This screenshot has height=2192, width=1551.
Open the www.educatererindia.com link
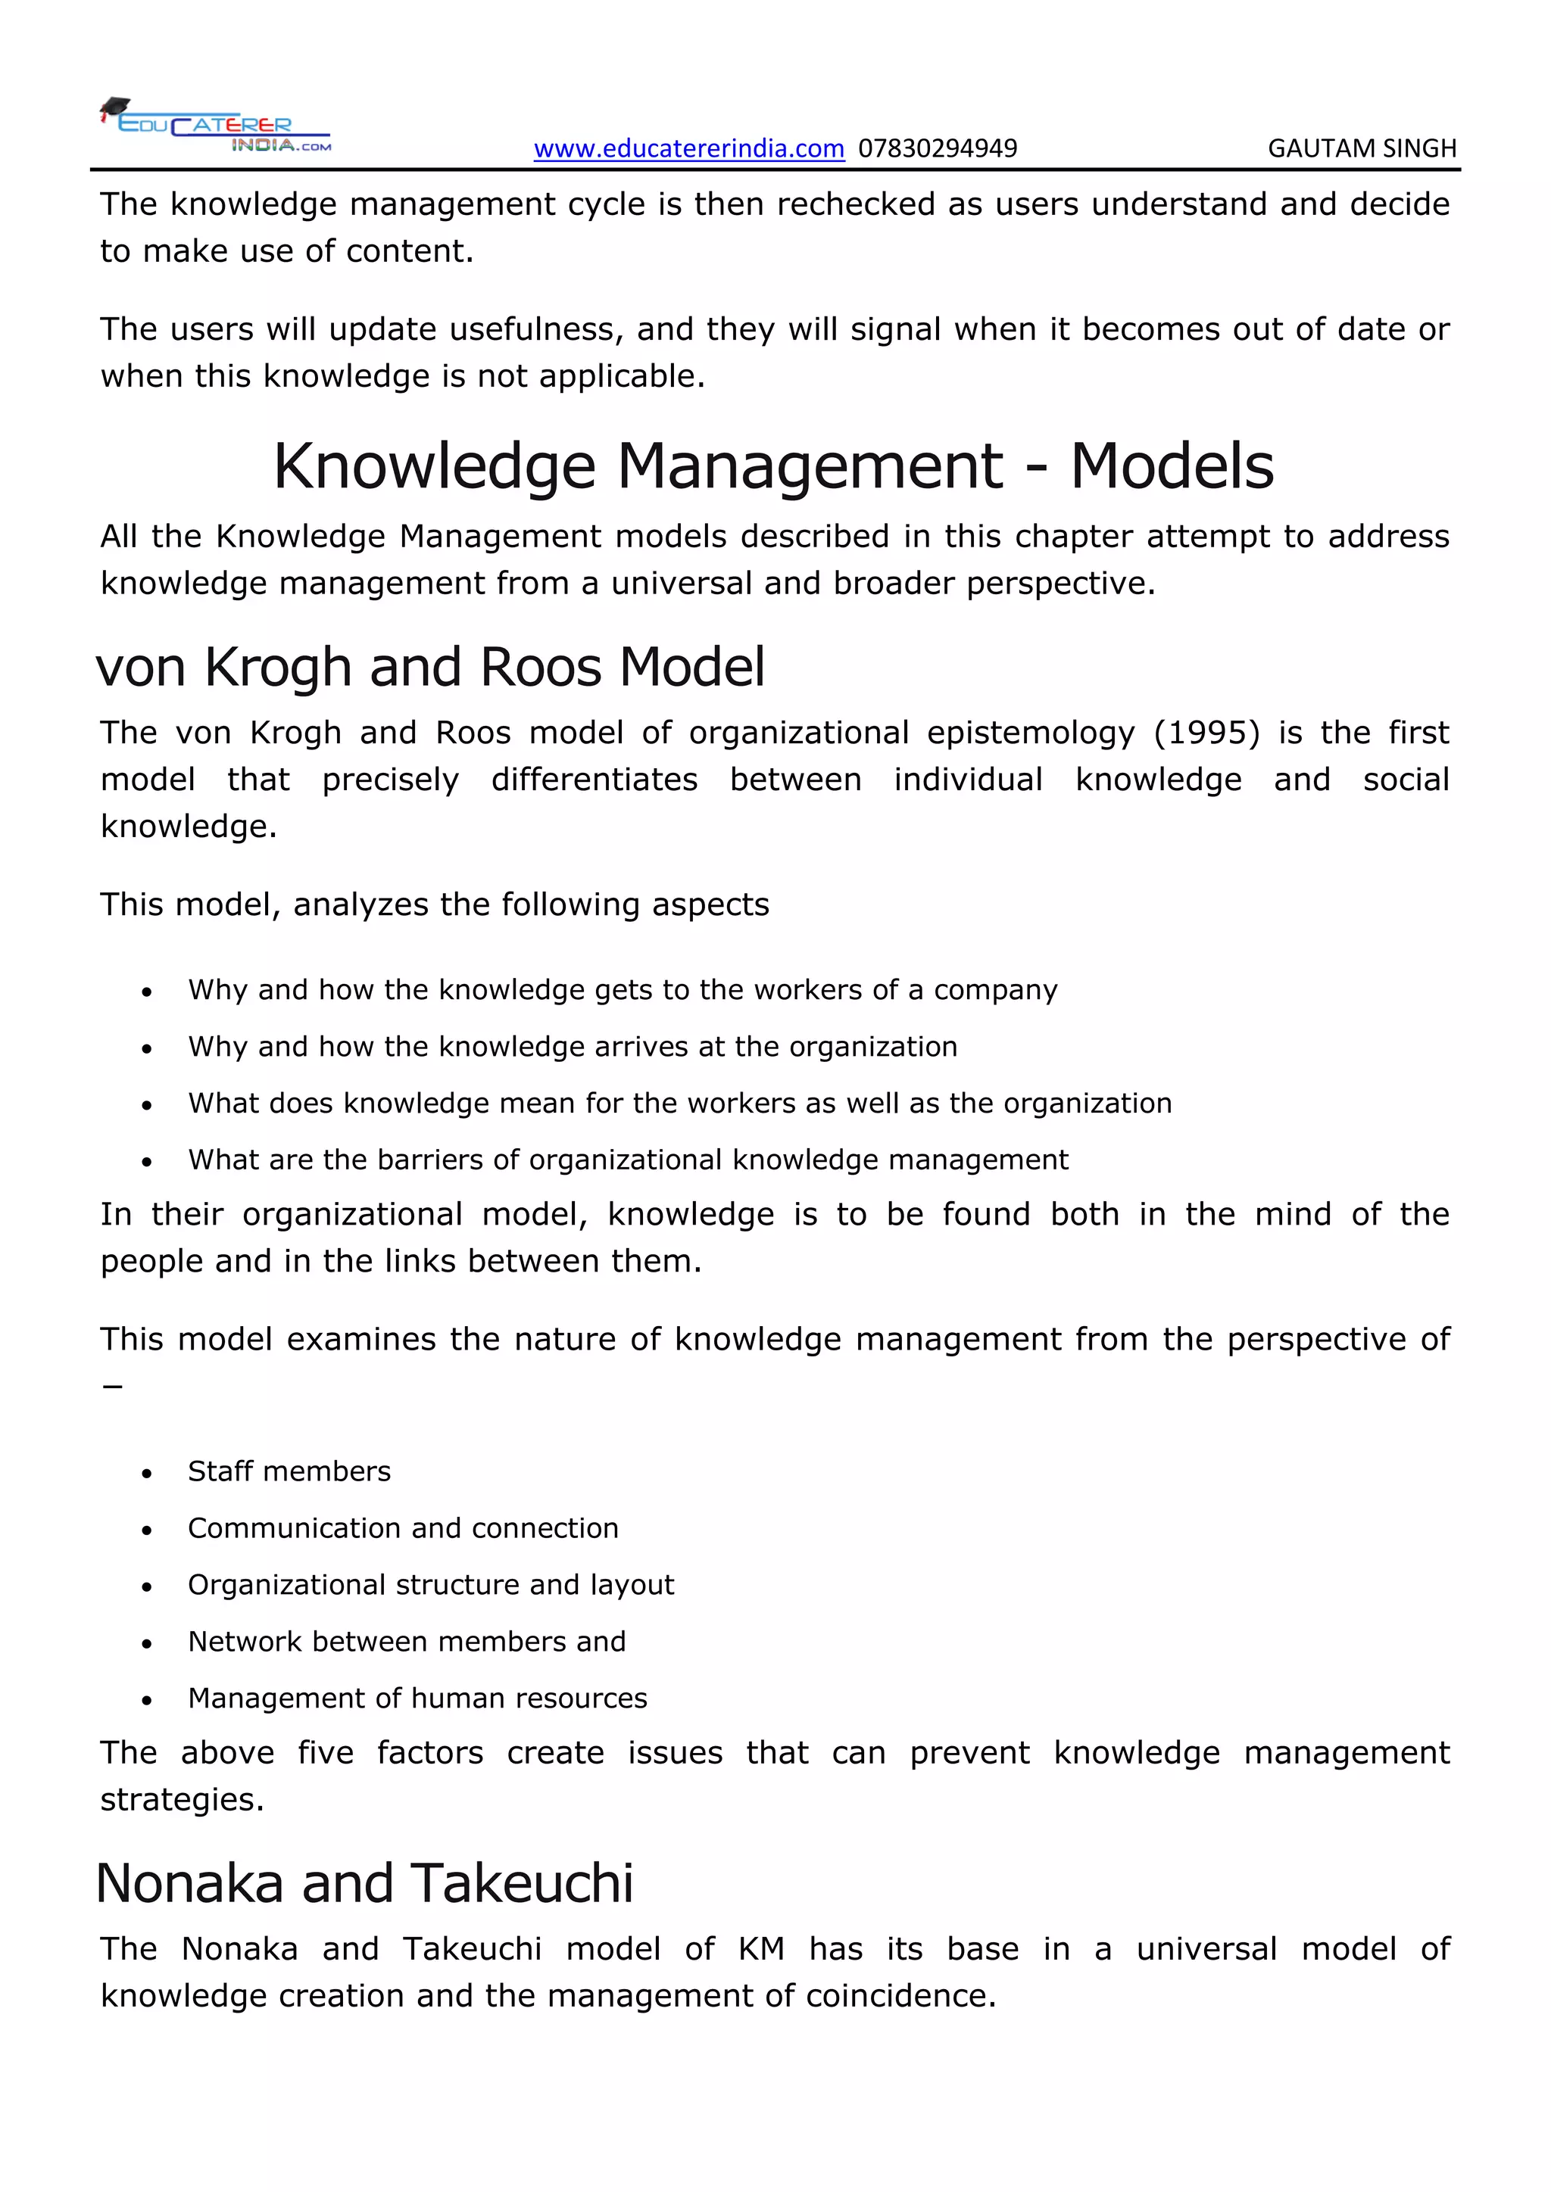[x=688, y=149]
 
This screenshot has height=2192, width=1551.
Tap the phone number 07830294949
[x=937, y=149]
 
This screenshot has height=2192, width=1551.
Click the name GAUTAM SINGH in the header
[x=1361, y=149]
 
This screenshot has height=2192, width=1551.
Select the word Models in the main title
[x=1171, y=467]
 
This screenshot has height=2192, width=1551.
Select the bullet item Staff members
[x=289, y=1471]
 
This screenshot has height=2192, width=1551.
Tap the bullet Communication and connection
[x=402, y=1527]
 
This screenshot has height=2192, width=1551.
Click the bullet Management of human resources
[x=417, y=1698]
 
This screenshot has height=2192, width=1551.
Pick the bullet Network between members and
[x=406, y=1641]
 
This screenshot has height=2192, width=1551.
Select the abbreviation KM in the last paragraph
[x=760, y=1950]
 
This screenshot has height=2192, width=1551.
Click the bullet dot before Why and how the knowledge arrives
[x=146, y=1049]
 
